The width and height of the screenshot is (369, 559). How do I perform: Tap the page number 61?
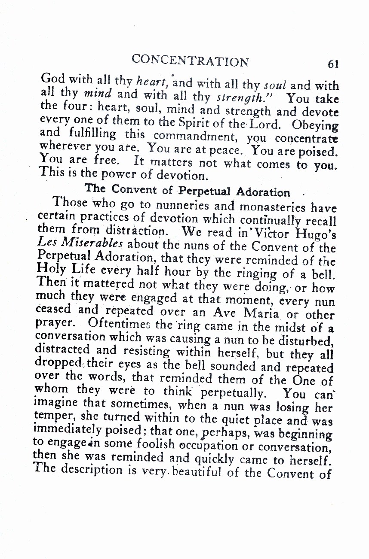333,64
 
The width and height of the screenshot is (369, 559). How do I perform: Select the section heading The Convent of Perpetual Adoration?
188,190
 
